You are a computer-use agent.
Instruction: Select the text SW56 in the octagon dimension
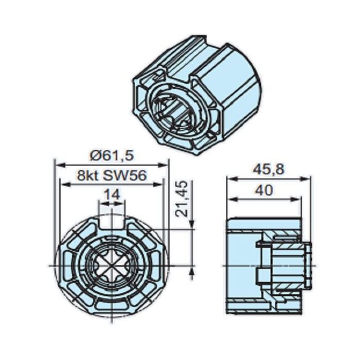126,175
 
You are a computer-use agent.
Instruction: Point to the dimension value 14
111,194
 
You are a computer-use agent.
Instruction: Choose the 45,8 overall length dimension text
268,169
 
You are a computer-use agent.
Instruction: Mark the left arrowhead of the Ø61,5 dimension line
58,165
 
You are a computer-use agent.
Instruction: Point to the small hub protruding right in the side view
307,265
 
